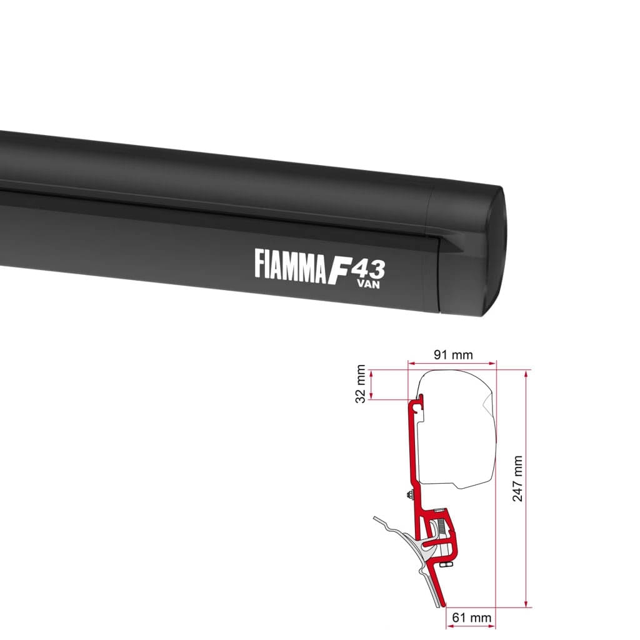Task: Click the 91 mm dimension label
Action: point(452,355)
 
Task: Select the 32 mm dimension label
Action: point(361,384)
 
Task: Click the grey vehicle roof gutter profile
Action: point(400,531)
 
